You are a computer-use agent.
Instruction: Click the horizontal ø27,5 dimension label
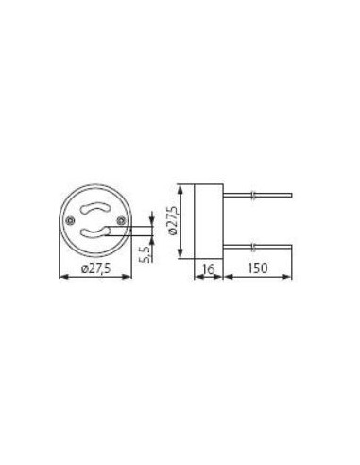[x=96, y=270]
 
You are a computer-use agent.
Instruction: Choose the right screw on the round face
[x=118, y=220]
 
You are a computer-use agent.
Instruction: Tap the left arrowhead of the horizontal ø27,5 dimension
[x=62, y=278]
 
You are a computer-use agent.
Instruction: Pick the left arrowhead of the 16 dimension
[x=196, y=278]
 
